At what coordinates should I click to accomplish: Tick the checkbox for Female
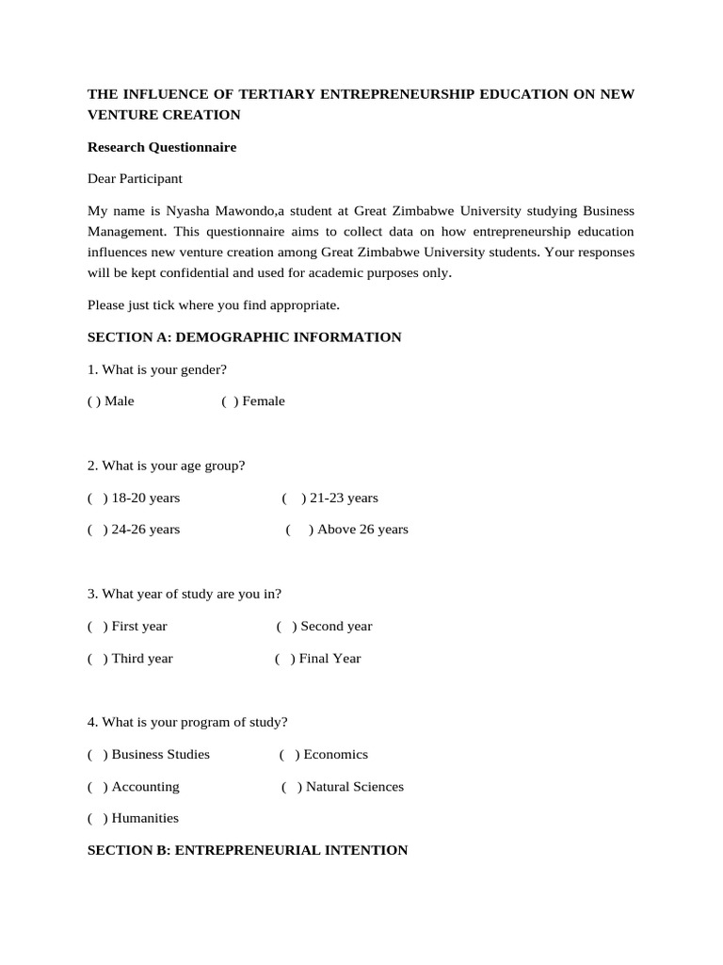[x=230, y=401]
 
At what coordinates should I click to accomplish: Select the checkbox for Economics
[x=289, y=755]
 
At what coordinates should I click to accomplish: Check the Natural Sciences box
[x=291, y=787]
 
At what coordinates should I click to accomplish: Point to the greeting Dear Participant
[x=135, y=178]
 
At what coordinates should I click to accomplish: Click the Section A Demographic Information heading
[x=244, y=337]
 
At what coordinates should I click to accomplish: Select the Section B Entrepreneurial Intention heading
[x=247, y=850]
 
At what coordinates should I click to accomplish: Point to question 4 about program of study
[x=187, y=723]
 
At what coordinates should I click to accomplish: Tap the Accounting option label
[x=145, y=787]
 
